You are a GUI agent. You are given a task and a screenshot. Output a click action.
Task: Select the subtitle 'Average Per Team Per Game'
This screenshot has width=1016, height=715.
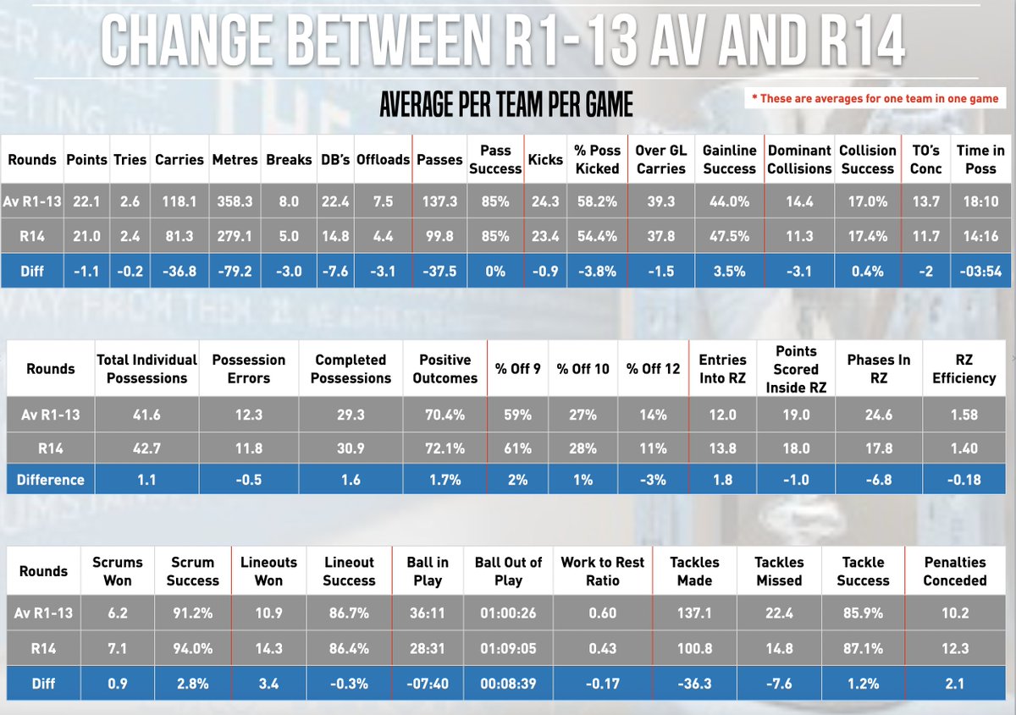[x=505, y=106]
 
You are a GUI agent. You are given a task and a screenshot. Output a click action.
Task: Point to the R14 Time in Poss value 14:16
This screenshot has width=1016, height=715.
[x=980, y=237]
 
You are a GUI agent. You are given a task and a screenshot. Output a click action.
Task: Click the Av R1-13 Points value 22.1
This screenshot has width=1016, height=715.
[x=86, y=202]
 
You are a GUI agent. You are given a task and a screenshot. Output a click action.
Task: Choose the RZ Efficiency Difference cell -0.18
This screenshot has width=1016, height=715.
[x=964, y=480]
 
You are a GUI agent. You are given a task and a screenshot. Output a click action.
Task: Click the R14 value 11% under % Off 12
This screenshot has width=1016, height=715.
[x=653, y=448]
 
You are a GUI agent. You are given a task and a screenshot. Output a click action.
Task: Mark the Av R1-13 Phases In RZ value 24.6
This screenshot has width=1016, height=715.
[x=878, y=415]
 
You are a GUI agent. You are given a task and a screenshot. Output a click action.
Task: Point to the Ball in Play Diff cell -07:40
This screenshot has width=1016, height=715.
[x=427, y=683]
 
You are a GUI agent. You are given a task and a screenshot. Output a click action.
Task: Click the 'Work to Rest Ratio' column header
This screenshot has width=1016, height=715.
[x=602, y=571]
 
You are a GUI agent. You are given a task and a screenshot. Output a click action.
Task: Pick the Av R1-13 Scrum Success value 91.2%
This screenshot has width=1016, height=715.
[x=192, y=613]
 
